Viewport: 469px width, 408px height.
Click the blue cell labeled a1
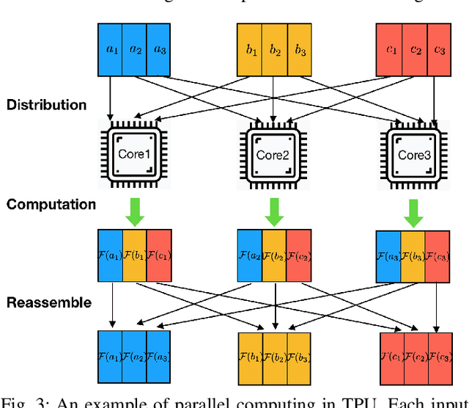pyautogui.click(x=110, y=49)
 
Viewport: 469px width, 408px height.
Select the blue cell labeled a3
pyautogui.click(x=160, y=49)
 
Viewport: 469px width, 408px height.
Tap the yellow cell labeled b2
pyautogui.click(x=274, y=49)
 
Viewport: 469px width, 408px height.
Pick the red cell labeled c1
pyautogui.click(x=388, y=49)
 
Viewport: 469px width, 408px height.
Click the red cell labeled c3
pyautogui.click(x=438, y=49)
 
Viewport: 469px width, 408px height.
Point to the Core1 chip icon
pyautogui.click(x=134, y=155)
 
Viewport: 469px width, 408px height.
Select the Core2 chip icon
pyautogui.click(x=273, y=155)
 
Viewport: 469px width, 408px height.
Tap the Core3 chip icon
pyautogui.click(x=413, y=155)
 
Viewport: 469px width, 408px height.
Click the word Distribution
pyautogui.click(x=46, y=105)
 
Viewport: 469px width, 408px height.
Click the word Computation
pyautogui.click(x=51, y=204)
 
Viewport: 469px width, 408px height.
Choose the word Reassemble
pyautogui.click(x=49, y=302)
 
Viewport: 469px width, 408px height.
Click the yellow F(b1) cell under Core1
pyautogui.click(x=134, y=255)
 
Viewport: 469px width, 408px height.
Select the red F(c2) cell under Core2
pyautogui.click(x=298, y=255)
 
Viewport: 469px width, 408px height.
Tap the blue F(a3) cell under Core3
pyautogui.click(x=388, y=257)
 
